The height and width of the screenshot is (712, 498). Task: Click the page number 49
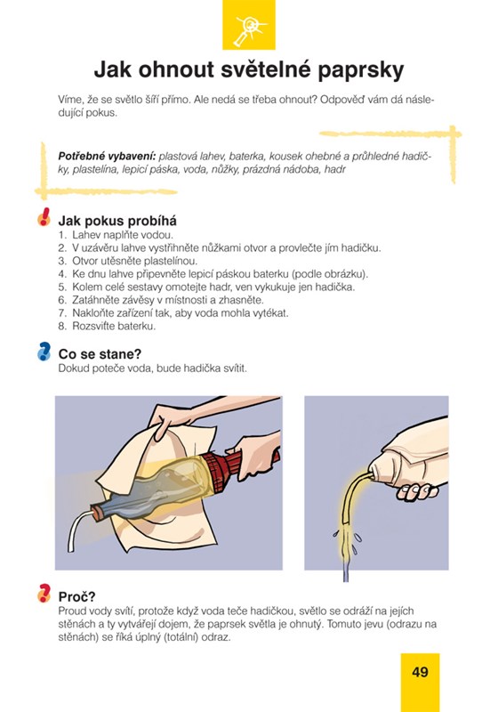(420, 672)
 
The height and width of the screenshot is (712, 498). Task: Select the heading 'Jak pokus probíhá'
(117, 221)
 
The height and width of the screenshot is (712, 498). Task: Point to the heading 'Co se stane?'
(100, 353)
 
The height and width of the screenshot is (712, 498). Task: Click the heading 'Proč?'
(76, 596)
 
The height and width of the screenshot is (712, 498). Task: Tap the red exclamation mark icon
(44, 216)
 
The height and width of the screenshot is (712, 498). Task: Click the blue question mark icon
(44, 352)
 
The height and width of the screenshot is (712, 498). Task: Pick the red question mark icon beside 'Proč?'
(44, 593)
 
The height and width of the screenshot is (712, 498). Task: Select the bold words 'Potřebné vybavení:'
(107, 157)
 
